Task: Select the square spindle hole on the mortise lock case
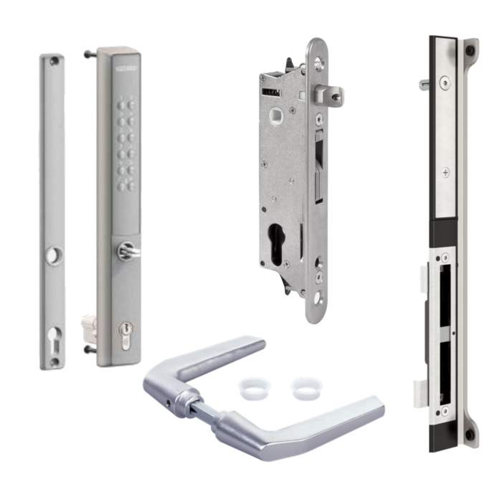[x=276, y=115]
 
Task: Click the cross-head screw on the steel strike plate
[x=446, y=173]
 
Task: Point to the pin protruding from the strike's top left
[x=425, y=85]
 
